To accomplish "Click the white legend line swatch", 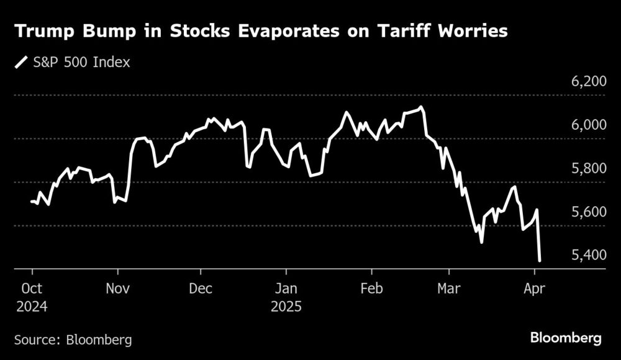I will [22, 62].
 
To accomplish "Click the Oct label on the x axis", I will [32, 289].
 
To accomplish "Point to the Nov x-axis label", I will [117, 289].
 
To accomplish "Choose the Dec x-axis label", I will [201, 289].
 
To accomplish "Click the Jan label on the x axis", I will [286, 289].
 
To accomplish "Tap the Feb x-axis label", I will [371, 289].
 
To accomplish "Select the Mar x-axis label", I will [449, 289].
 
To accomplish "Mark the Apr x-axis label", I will [535, 289].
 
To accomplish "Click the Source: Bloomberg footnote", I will [73, 340].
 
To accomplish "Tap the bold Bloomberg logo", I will [566, 338].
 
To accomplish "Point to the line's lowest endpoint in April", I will [540, 261].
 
